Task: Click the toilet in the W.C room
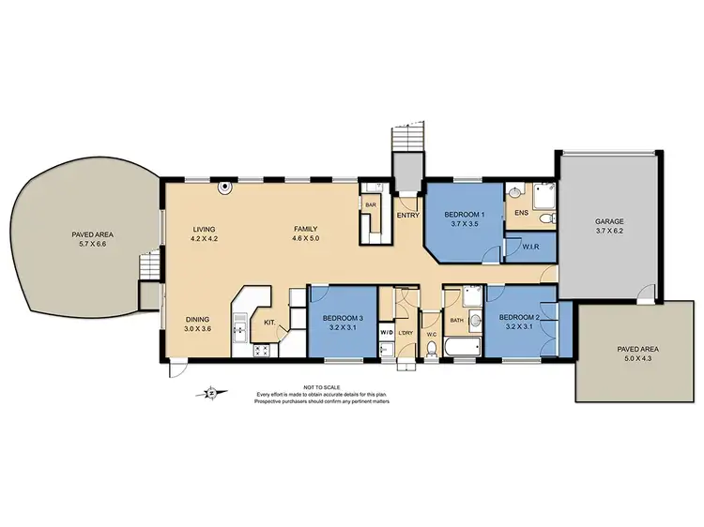click(430, 349)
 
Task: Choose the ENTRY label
click(407, 215)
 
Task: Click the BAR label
click(371, 203)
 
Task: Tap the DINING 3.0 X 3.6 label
click(198, 324)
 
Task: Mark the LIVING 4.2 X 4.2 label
click(205, 234)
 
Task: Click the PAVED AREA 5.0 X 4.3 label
click(635, 353)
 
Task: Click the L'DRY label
click(406, 334)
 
